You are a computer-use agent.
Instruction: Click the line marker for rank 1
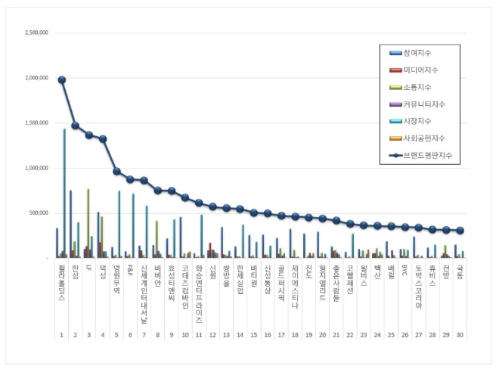pyautogui.click(x=62, y=79)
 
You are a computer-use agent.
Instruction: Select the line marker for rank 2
pyautogui.click(x=76, y=126)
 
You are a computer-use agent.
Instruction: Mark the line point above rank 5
pyautogui.click(x=116, y=171)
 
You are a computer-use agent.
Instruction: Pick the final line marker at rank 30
pyautogui.click(x=459, y=231)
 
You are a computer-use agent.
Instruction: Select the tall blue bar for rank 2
pyautogui.click(x=71, y=224)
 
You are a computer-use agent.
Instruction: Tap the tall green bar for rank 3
pyautogui.click(x=88, y=223)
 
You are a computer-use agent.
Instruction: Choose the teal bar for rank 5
pyautogui.click(x=119, y=224)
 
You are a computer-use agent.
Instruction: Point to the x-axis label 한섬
pyautogui.click(x=75, y=270)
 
